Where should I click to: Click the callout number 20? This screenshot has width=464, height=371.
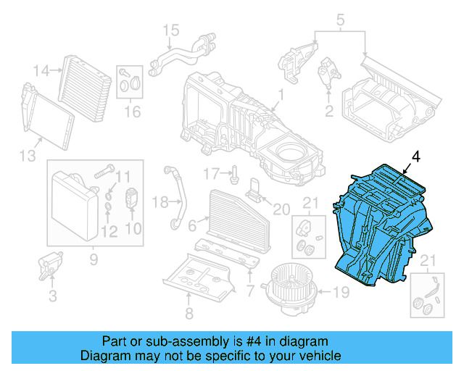coord(279,209)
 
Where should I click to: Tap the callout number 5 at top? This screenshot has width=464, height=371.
coord(340,20)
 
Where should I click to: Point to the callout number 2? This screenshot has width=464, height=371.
coord(328,111)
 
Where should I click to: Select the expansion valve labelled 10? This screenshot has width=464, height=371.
coord(133,197)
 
